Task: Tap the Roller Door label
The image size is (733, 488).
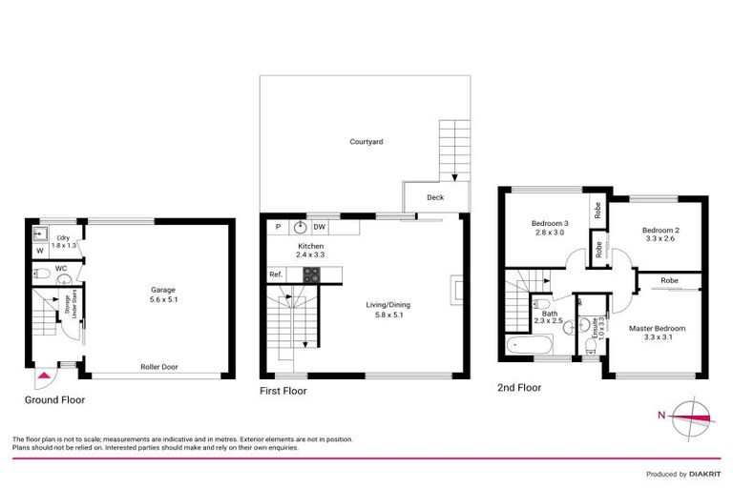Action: tap(158, 367)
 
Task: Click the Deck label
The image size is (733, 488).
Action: tap(435, 198)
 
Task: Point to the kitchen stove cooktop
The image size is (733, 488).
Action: tap(311, 274)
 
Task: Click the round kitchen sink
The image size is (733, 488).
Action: tap(299, 227)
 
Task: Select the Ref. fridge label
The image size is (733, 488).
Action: tap(276, 274)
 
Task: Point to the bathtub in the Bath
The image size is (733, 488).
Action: tap(523, 346)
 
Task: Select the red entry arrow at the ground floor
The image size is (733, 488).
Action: tap(42, 378)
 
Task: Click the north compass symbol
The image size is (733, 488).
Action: tap(688, 416)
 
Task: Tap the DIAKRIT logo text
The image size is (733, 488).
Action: tap(703, 474)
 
